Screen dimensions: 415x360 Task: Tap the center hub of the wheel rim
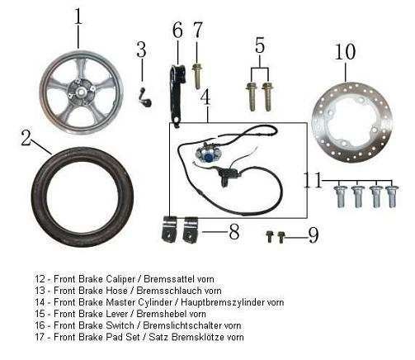pyautogui.click(x=82, y=91)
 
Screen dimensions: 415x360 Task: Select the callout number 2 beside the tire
pyautogui.click(x=26, y=137)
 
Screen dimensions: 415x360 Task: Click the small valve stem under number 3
pyautogui.click(x=146, y=97)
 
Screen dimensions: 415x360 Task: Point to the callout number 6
pyautogui.click(x=177, y=30)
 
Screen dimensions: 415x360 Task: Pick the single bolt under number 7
pyautogui.click(x=196, y=76)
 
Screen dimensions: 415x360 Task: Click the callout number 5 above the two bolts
pyautogui.click(x=260, y=45)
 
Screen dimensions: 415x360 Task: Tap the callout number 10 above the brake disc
pyautogui.click(x=345, y=51)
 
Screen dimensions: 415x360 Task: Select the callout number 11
pyautogui.click(x=313, y=180)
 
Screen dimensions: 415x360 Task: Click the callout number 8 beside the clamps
pyautogui.click(x=233, y=232)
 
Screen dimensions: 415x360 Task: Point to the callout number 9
pyautogui.click(x=314, y=235)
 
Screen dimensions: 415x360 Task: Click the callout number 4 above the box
pyautogui.click(x=205, y=98)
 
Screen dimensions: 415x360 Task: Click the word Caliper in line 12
pyautogui.click(x=120, y=279)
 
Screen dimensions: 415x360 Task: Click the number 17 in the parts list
pyautogui.click(x=40, y=337)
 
